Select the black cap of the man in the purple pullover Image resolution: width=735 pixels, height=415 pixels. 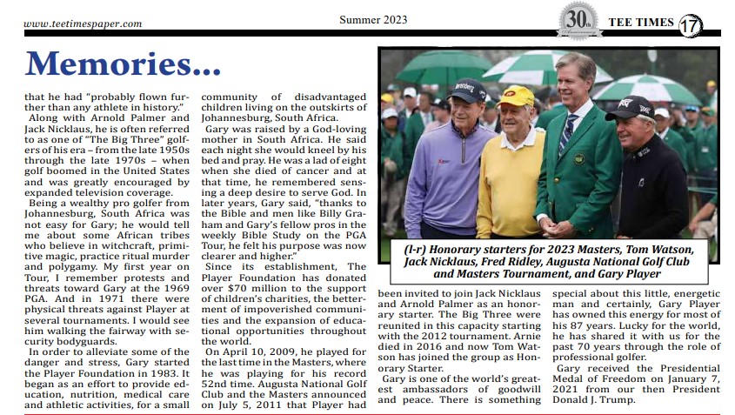tap(466, 90)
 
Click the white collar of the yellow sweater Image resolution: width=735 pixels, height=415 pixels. tap(519, 134)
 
